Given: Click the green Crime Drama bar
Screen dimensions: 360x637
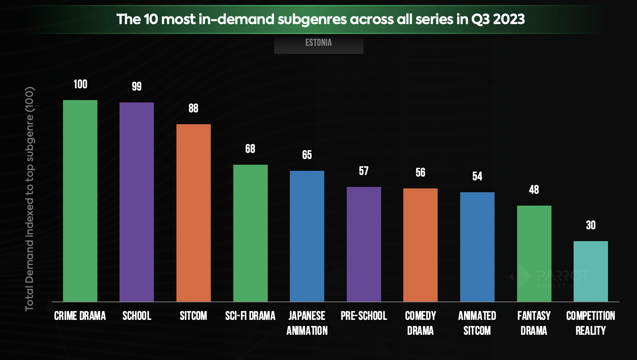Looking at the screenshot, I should tap(80, 201).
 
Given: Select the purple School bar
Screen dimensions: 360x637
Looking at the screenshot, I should tap(137, 202).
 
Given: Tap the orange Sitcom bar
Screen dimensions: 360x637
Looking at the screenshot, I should tap(194, 213).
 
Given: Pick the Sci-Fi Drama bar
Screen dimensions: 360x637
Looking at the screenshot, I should tap(251, 233).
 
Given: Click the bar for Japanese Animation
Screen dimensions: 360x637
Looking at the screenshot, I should tap(307, 236).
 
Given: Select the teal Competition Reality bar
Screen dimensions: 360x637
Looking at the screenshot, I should tap(591, 271).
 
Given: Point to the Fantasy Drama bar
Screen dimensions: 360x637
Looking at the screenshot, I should tap(534, 253).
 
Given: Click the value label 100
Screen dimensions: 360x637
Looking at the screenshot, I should tap(80, 84).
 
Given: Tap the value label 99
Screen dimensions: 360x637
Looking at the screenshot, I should tap(137, 86).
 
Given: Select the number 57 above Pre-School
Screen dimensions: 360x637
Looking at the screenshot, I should tap(364, 171).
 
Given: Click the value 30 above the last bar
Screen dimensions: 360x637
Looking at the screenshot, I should tap(591, 225).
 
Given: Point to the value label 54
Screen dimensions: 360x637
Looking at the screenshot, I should tap(477, 176).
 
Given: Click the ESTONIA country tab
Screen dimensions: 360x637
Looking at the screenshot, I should tap(318, 43).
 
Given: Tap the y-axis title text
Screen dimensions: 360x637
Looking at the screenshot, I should tap(30, 199).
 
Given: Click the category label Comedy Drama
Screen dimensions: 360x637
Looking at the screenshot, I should tap(420, 323).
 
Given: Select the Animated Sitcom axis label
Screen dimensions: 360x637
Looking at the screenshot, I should tap(477, 323).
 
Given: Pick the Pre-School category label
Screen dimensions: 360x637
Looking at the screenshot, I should tap(364, 316).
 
